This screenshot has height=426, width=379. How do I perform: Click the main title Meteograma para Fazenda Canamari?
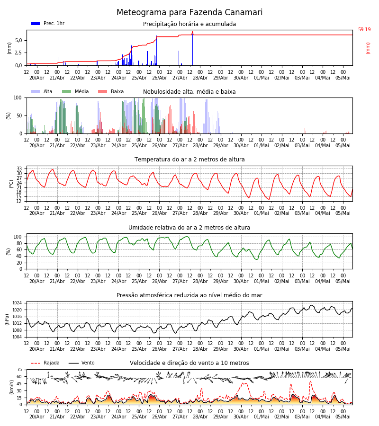[189, 12]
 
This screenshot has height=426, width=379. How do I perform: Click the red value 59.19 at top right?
[364, 29]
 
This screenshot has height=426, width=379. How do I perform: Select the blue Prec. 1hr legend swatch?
[36, 24]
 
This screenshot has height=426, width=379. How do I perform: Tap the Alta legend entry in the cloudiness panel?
[42, 91]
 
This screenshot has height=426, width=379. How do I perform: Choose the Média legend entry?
[76, 91]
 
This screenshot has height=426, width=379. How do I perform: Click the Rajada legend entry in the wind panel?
[45, 363]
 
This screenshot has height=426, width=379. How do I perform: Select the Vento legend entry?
[81, 363]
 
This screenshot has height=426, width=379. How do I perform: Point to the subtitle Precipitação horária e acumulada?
[189, 24]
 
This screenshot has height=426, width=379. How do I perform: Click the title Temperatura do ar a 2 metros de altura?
[189, 159]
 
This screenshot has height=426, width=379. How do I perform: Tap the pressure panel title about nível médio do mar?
[189, 295]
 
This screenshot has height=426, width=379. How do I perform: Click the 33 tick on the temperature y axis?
[19, 169]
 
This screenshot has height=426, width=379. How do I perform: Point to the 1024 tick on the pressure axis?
[17, 303]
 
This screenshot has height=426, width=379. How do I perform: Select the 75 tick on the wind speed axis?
[19, 370]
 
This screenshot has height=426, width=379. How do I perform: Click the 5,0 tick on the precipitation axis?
[18, 40]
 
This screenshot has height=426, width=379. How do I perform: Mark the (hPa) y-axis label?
[7, 319]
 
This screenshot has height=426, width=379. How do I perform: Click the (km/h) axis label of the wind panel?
[11, 387]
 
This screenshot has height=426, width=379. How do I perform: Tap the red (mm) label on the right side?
[368, 48]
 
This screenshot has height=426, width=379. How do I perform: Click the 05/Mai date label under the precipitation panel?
[343, 78]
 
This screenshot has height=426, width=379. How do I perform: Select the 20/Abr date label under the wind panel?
[36, 417]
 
